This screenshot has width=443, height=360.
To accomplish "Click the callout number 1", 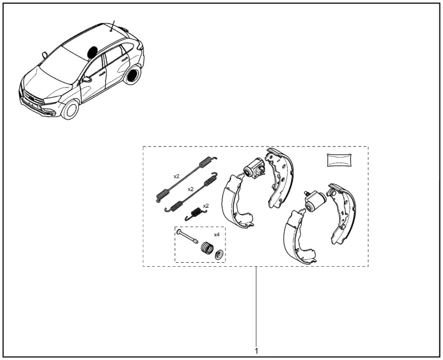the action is (x=256, y=351).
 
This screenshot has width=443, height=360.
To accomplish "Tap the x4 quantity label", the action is (x=217, y=235).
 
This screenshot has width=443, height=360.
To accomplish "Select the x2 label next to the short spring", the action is (x=206, y=205).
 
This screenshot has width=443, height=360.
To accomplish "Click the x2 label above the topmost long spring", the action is (x=176, y=176).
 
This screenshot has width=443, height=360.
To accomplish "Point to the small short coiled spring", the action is (x=196, y=213).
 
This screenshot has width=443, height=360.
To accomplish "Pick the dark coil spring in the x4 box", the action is (x=207, y=248).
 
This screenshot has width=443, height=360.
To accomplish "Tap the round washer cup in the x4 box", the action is (x=219, y=255).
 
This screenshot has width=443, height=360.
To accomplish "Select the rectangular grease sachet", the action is (x=339, y=160).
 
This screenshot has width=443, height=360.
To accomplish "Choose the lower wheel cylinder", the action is (x=315, y=201).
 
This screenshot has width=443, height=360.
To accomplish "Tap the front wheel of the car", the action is (x=71, y=109).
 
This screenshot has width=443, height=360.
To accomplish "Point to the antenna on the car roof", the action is (x=113, y=26).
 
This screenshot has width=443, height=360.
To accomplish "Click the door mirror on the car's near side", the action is (x=87, y=79).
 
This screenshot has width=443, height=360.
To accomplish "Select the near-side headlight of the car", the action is (x=53, y=99).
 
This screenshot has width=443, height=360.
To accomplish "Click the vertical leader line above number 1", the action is (x=256, y=307).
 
